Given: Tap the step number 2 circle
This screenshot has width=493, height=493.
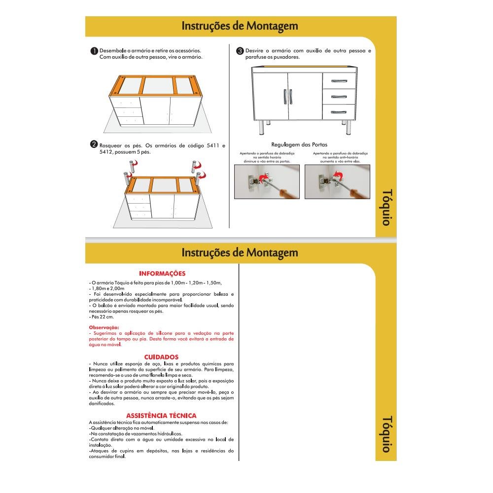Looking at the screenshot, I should pos(94,144).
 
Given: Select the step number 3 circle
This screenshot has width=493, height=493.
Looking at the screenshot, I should pos(240,51).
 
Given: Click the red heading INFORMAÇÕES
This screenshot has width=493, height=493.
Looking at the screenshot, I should pos(162,274).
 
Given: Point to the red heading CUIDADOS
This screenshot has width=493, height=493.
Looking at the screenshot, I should pos(161,357).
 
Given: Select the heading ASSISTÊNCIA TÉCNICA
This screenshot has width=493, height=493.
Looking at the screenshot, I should pos(161,416).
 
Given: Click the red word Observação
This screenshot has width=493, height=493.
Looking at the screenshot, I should pos(104,327).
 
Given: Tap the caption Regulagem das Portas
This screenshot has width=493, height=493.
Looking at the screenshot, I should pos(299,145).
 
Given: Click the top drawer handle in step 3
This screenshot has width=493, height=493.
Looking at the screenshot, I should pos(339,81).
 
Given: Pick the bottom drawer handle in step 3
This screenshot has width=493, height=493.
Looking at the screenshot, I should pos(339,112).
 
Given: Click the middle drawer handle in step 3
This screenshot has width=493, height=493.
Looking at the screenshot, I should pos(339,96).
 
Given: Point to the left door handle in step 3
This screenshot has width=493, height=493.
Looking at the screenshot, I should pos(284,96).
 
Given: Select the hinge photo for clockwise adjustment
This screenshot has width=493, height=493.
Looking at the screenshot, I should pos(267,181).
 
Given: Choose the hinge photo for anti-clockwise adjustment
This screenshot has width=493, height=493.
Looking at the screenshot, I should pos(337,181).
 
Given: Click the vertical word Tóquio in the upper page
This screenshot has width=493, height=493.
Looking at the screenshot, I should pos(387,207).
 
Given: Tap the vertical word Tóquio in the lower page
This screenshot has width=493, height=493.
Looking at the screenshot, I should pos(387,434).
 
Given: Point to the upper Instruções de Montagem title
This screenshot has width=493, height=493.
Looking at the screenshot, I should pos(240,26).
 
